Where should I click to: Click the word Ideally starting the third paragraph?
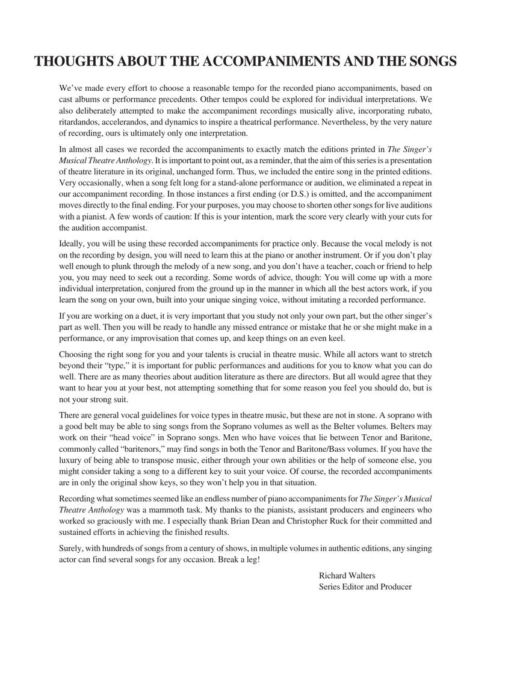(72, 244)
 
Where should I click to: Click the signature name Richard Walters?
(347, 575)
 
